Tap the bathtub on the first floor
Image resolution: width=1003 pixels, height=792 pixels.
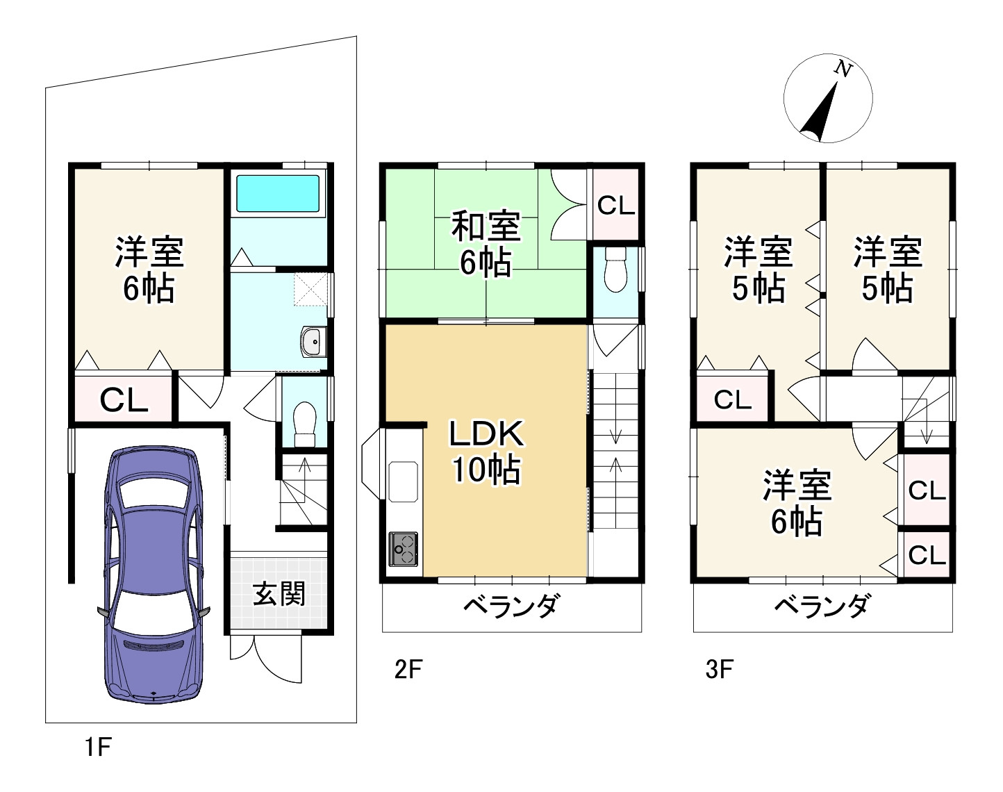[278, 193]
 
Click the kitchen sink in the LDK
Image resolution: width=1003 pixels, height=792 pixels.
[403, 481]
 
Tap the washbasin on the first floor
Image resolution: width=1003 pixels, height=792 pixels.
[313, 341]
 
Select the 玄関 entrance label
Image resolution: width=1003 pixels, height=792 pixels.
[279, 594]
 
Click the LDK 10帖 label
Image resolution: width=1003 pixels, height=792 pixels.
[486, 452]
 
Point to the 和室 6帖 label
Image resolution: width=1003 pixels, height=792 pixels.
[486, 245]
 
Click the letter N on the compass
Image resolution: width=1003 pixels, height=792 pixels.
[843, 69]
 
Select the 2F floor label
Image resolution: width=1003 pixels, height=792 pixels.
[408, 670]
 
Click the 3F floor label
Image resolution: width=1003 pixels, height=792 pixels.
[719, 670]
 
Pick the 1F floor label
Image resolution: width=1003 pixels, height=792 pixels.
[97, 748]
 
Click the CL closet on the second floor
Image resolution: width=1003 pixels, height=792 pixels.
[616, 206]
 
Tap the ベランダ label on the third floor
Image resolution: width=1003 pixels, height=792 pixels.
[822, 607]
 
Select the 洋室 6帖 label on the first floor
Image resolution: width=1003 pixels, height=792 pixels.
[149, 270]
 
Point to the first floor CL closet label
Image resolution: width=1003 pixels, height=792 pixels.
[124, 400]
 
